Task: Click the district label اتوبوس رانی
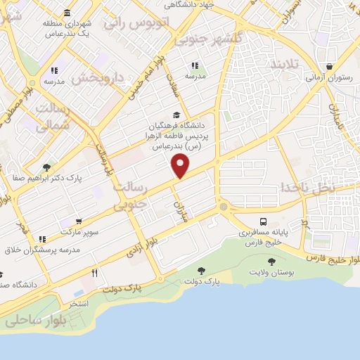click(x=138, y=22)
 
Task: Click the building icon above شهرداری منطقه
click(x=67, y=13)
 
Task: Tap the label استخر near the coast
click(x=78, y=303)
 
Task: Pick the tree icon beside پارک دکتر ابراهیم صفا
click(x=46, y=167)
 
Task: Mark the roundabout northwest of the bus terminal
click(x=224, y=207)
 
